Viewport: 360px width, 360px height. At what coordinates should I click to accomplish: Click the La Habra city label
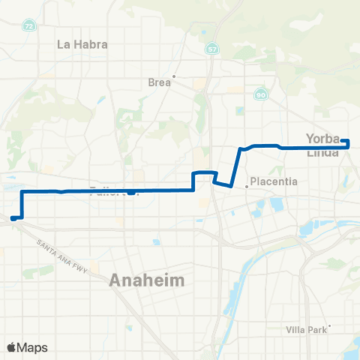pos(82,43)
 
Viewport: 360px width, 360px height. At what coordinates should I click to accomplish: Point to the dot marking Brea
pos(174,76)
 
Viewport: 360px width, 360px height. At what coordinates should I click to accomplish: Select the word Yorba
pos(323,137)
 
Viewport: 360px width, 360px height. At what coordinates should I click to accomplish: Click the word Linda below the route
pos(323,151)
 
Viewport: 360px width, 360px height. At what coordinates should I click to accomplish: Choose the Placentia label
pos(274,181)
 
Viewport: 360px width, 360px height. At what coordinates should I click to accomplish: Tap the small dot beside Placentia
pos(247,187)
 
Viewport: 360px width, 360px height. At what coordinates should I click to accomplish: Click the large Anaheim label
pos(147,280)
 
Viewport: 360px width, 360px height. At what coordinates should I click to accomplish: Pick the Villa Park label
pos(307,330)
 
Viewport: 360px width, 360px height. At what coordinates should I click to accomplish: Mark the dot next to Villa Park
pos(329,325)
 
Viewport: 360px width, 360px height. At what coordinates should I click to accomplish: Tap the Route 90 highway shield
pos(260,94)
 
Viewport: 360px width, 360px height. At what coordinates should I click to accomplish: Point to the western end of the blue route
pos(13,219)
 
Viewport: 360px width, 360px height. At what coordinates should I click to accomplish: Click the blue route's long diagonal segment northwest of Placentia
pos(236,166)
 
